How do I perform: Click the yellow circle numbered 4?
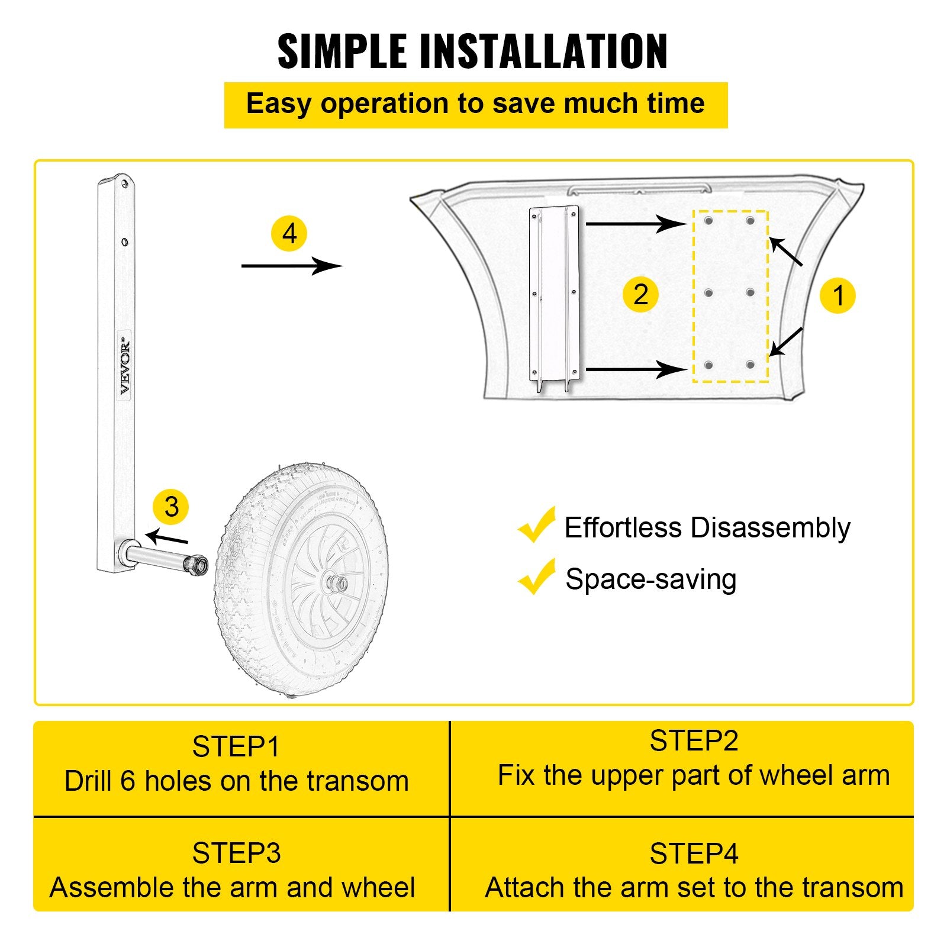pos(289,234)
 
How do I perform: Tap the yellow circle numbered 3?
pos(171,507)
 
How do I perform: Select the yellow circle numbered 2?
pos(640,294)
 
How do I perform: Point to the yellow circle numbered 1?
pos(838,295)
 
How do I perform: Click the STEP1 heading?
pos(236,747)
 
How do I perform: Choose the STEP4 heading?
pos(694,853)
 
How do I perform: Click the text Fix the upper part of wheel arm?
pos(694,775)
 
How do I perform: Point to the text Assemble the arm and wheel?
pos(233,888)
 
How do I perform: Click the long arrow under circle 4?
pos(292,266)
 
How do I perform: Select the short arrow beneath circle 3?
pos(167,537)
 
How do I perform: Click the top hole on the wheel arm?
pos(124,184)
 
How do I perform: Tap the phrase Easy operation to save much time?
pos(475,104)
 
